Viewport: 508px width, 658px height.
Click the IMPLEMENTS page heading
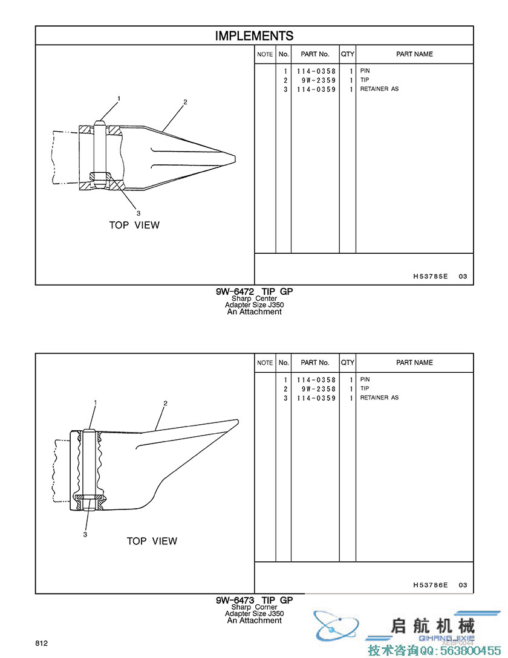tap(254, 36)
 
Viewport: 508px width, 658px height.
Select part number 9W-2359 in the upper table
tap(319, 80)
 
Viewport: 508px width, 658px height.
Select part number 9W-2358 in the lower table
tap(319, 389)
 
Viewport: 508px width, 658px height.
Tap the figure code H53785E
tap(430, 276)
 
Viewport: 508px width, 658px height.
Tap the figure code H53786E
tap(430, 585)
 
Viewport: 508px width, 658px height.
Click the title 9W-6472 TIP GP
tap(254, 291)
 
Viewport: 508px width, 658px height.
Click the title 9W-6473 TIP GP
tap(254, 600)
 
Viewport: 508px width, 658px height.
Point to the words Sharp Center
tap(254, 298)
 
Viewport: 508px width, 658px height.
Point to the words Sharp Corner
tap(254, 607)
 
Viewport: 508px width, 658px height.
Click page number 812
tap(41, 643)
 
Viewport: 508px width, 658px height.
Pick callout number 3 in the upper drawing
tap(138, 213)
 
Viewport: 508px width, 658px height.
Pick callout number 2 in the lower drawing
tap(165, 403)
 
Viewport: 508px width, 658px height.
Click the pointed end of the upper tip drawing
tap(235, 159)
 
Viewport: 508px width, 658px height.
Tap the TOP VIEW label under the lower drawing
tap(152, 541)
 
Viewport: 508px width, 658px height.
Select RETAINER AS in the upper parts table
tap(379, 89)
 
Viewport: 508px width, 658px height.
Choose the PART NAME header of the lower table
tap(414, 363)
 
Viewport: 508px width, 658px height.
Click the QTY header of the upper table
tap(348, 54)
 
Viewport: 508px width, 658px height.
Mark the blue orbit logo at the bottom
tap(337, 625)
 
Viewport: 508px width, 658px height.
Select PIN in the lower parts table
tap(365, 379)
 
